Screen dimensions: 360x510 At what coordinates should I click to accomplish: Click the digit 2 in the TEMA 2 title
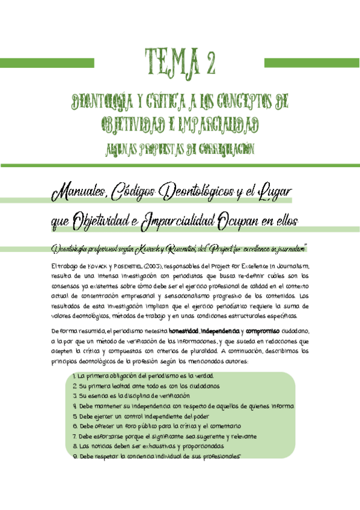click(x=209, y=61)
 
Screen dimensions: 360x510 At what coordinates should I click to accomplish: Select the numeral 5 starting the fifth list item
click(x=73, y=416)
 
